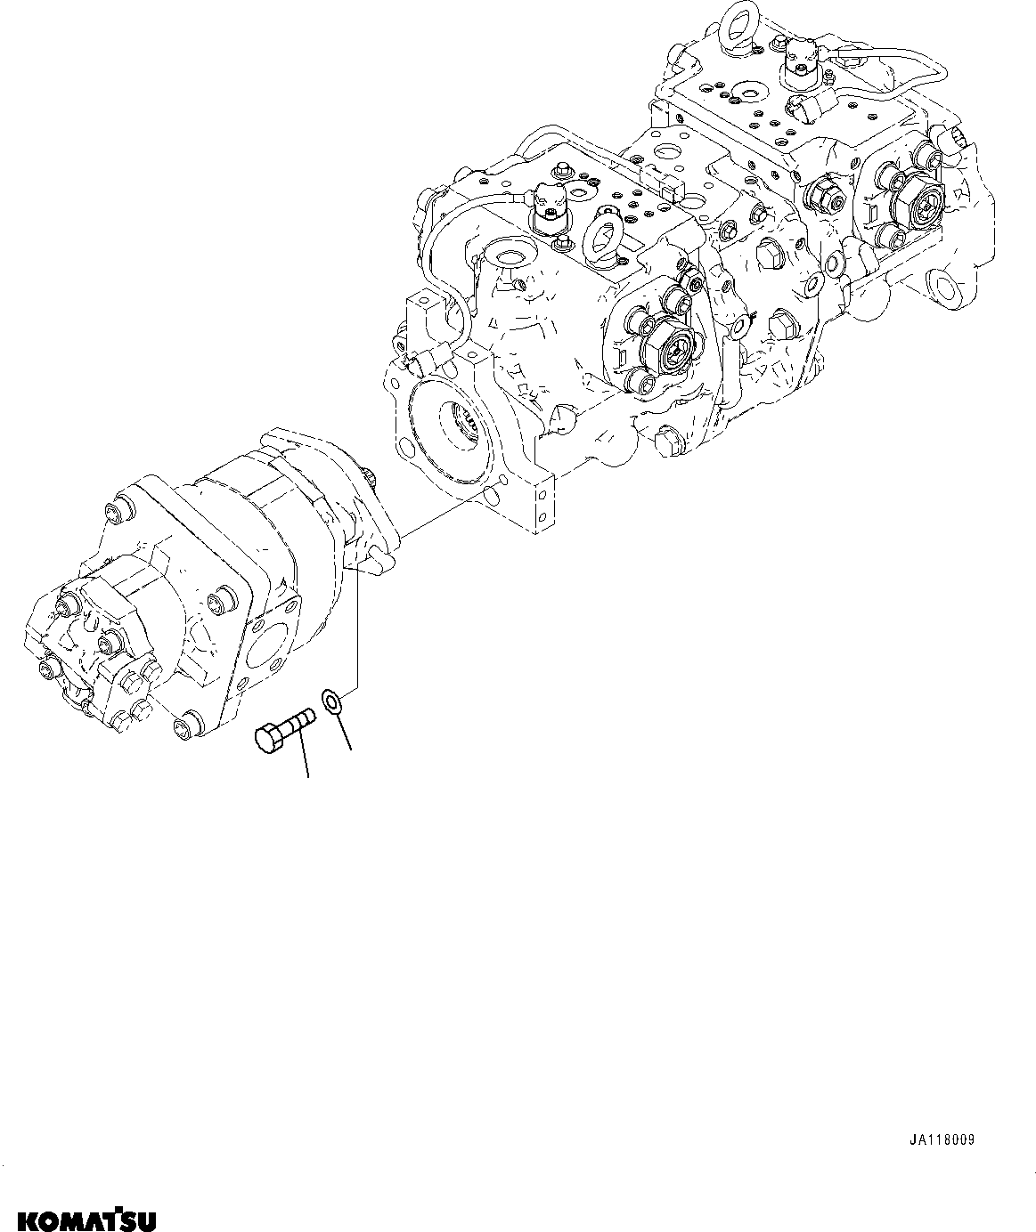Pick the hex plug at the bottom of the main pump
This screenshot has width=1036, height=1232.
point(669,441)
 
